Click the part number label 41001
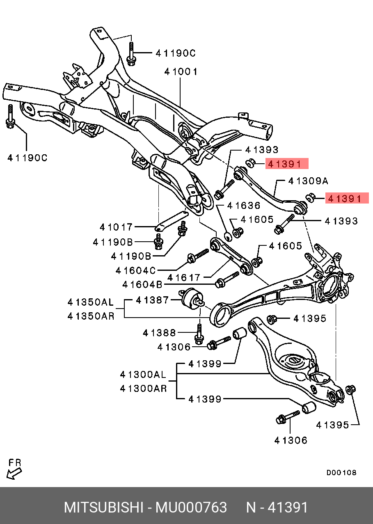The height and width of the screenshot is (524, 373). [x=181, y=72]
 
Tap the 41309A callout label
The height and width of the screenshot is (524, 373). [x=308, y=181]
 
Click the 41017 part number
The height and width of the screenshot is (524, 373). [x=116, y=227]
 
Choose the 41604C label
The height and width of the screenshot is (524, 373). [x=136, y=271]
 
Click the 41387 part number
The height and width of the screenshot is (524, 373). [x=152, y=300]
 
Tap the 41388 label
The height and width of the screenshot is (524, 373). [x=159, y=333]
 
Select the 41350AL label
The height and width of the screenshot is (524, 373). [x=91, y=302]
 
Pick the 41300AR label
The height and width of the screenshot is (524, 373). [x=143, y=388]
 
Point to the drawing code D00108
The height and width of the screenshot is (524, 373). [x=341, y=473]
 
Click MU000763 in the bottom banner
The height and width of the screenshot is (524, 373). [x=191, y=508]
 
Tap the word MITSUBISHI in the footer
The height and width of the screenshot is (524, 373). [x=102, y=508]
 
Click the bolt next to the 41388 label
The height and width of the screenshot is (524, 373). [x=199, y=333]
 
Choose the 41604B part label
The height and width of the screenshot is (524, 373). [x=142, y=284]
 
